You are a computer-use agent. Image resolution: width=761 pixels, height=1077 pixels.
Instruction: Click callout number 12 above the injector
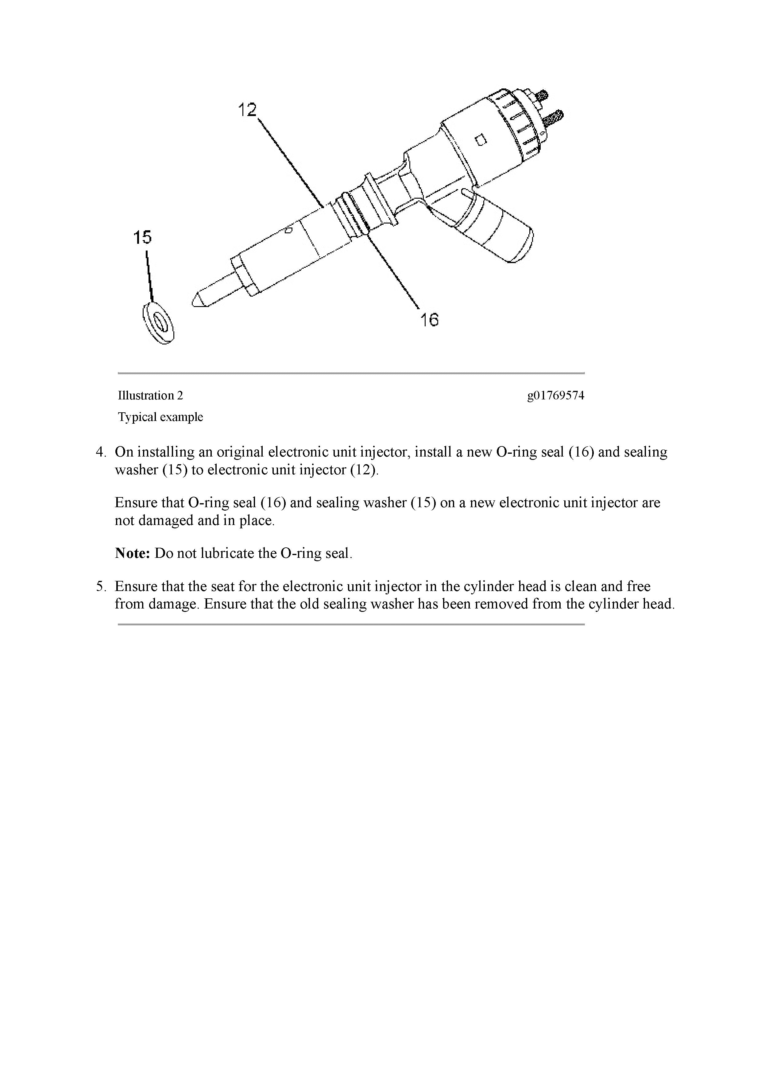(x=248, y=110)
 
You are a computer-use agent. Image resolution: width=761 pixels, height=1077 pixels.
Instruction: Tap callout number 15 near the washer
(x=143, y=237)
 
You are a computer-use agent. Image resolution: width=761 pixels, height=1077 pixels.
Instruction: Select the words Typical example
(x=160, y=417)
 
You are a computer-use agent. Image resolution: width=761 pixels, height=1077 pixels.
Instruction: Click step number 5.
(x=101, y=587)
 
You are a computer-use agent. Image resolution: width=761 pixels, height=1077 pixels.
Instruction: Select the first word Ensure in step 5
(x=136, y=587)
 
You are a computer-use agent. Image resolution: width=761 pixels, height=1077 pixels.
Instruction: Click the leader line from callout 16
(x=394, y=272)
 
